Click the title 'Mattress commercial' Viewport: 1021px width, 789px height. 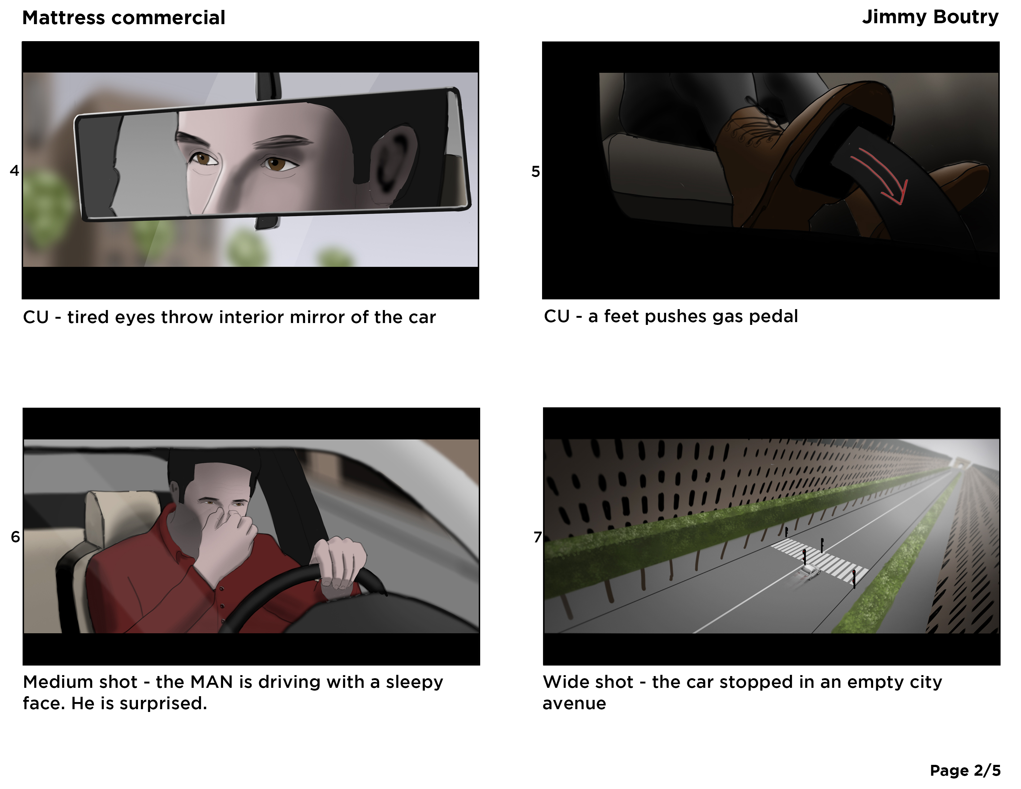pos(123,18)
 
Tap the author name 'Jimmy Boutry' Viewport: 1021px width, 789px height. pos(930,17)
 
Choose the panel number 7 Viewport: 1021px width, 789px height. pos(538,537)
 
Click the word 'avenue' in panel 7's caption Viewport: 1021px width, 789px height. pos(574,704)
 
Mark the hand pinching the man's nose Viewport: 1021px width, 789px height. pos(224,531)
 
